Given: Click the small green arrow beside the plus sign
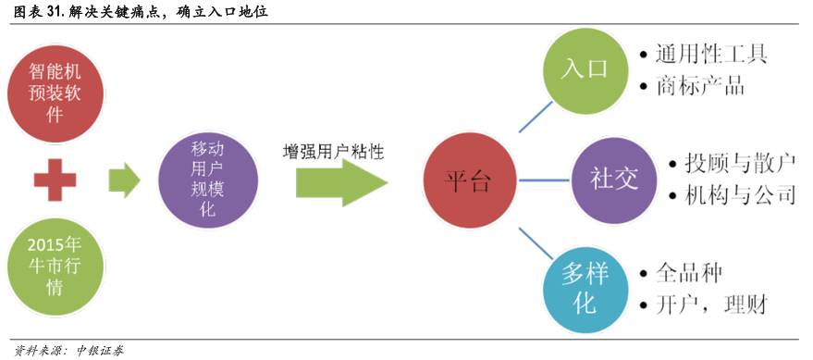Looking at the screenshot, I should click(123, 179).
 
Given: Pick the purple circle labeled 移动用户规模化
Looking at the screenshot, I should click(201, 178).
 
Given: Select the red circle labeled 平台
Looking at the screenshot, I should click(469, 180).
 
